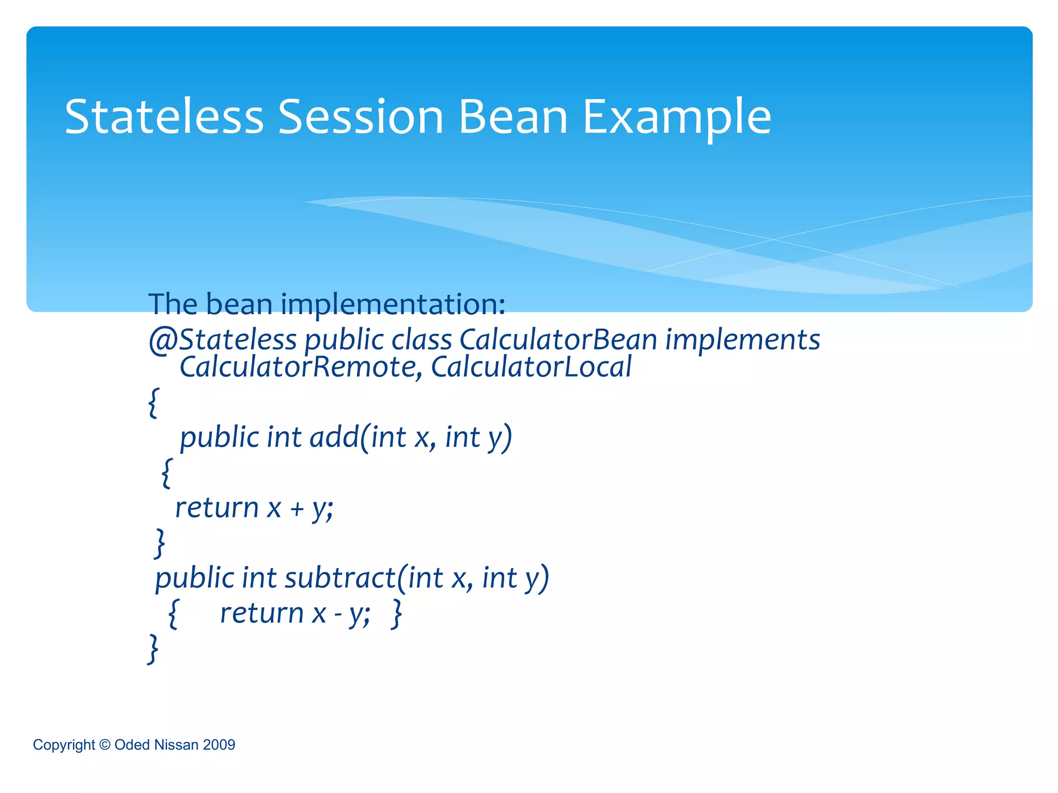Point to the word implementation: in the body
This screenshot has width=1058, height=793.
(393, 305)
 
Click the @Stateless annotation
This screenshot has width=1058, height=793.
(222, 340)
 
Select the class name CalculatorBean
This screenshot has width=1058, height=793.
(558, 340)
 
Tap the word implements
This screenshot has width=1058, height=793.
(742, 340)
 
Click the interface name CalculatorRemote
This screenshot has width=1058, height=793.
(298, 367)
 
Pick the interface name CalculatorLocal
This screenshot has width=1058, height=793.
(531, 367)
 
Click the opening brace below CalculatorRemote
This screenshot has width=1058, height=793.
(153, 403)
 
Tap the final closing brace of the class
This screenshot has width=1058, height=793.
(153, 649)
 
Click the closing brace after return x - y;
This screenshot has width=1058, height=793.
(397, 614)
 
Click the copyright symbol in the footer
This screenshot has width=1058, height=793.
(104, 744)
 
